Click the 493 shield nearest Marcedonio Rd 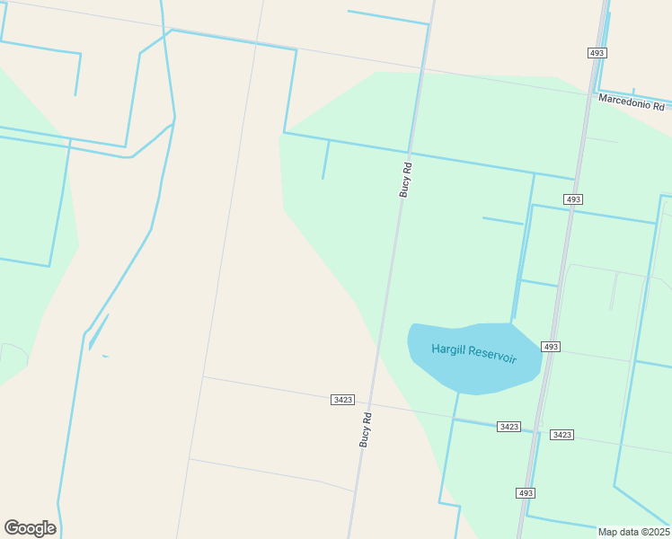597,53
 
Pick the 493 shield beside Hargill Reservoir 551,347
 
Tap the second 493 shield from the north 573,199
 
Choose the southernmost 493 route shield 526,493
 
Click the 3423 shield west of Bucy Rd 341,400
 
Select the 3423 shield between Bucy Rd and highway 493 508,427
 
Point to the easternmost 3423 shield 561,435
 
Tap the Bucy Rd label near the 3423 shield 366,430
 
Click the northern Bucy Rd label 405,179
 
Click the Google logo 30,528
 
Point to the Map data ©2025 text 633,532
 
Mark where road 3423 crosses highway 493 537,430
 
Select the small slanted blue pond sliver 99,331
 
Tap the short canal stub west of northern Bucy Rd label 325,160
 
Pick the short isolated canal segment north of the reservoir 502,220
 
